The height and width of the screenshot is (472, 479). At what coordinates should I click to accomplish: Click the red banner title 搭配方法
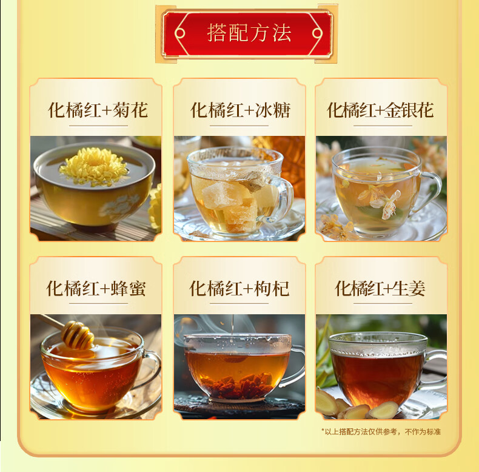pos(249,33)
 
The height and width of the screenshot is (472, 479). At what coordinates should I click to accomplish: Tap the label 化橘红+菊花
pos(98,110)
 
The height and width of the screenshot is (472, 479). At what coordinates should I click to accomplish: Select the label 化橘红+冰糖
pos(240,110)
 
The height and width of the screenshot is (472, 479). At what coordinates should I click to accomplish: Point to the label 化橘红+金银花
pos(380,110)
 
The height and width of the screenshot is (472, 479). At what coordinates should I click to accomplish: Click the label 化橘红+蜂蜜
pos(96,288)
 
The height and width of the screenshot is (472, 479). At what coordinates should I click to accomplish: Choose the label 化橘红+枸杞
pos(239,288)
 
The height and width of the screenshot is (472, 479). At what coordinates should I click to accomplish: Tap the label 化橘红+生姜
pos(380,288)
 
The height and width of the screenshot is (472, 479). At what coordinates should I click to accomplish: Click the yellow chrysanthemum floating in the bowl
pos(93,167)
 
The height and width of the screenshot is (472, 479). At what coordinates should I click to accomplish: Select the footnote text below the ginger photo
pos(381,431)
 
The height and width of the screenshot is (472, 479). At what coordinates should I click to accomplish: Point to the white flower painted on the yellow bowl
pos(120,206)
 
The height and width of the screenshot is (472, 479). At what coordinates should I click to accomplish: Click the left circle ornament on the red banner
pos(180,33)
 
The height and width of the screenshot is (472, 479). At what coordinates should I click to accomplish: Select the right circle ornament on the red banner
pos(317,33)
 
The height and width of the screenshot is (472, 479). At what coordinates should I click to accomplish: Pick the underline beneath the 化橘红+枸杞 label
pos(239,303)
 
